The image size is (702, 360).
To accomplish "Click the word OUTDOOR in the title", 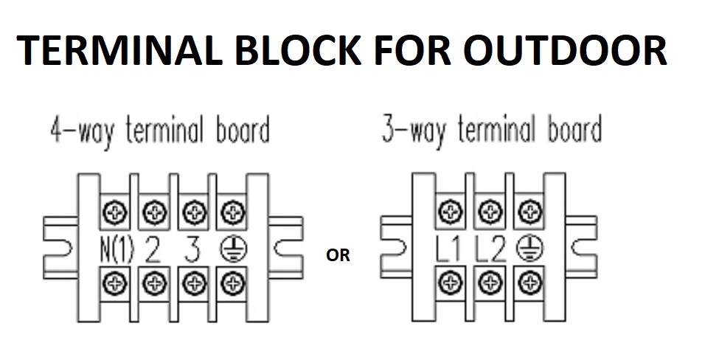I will pos(563,52).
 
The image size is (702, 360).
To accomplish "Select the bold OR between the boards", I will pos(338,256).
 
